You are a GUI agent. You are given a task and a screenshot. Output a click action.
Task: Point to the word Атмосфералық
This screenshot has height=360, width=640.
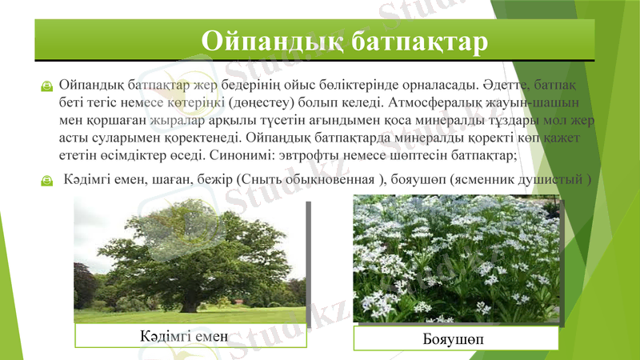click(x=438, y=103)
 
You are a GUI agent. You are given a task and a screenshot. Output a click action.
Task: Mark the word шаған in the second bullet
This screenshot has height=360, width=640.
click(x=170, y=180)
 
